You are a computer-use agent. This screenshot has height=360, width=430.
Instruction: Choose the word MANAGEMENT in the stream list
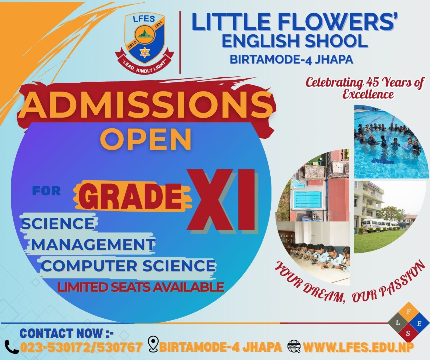point(93,244)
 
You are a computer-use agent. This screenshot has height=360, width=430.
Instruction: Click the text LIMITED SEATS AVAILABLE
point(141,287)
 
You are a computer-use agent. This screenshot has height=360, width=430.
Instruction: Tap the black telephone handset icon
point(12,347)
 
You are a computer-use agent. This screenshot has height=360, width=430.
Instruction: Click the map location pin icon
point(153,344)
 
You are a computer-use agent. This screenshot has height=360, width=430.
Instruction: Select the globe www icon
point(294,346)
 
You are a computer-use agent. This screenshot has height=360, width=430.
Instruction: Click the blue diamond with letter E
point(419,323)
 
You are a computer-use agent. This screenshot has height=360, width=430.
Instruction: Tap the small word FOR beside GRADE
point(46,191)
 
